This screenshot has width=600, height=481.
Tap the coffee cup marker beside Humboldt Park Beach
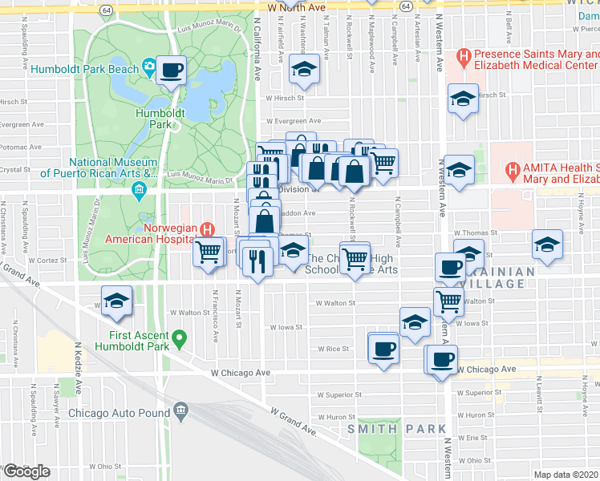(171, 71)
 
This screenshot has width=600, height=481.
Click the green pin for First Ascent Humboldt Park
(179, 340)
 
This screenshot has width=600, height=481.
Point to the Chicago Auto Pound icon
(178, 412)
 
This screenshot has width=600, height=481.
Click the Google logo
(26, 471)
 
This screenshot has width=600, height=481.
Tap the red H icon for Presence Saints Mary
(462, 56)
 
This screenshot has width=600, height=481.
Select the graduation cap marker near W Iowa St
(414, 322)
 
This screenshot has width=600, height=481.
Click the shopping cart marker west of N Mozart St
(209, 252)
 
